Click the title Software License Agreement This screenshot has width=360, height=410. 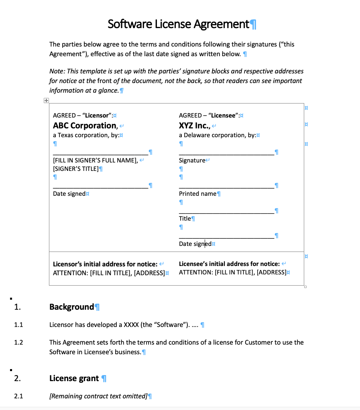[178, 24]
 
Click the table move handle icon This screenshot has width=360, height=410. [46, 101]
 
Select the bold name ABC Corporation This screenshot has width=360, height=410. [85, 126]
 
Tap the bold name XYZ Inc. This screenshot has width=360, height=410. [194, 126]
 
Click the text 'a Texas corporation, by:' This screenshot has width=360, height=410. [86, 135]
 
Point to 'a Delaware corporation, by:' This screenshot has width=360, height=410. [217, 135]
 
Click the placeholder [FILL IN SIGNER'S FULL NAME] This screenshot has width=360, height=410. [95, 160]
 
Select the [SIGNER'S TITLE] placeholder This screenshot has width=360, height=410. [75, 168]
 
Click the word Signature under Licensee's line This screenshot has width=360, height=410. [192, 160]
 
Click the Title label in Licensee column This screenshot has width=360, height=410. [185, 219]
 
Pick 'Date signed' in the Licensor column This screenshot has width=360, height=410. [69, 194]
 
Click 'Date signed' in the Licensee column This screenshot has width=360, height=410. [195, 244]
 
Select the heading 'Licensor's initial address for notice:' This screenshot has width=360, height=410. [105, 264]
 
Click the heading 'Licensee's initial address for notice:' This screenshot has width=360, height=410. [229, 264]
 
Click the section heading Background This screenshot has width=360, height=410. [71, 307]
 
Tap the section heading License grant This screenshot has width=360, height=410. [74, 378]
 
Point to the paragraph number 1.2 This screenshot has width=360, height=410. [18, 342]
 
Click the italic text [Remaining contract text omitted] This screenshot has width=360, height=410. [98, 396]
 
